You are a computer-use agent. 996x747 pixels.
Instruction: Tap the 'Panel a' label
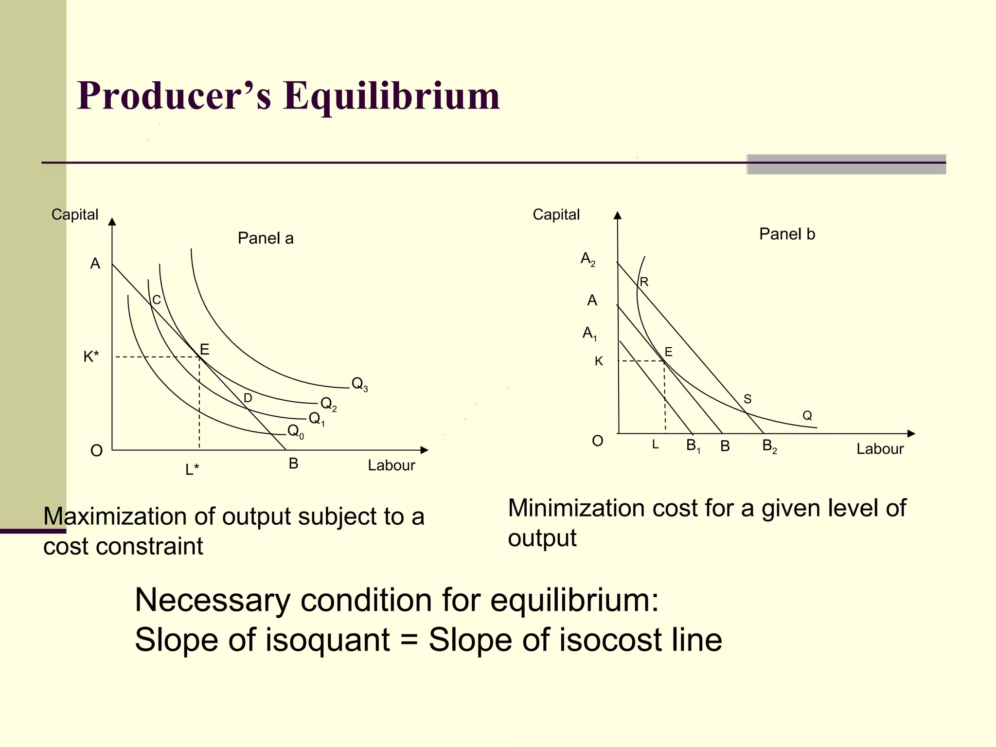pos(266,238)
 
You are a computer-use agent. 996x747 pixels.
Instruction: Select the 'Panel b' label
pos(787,234)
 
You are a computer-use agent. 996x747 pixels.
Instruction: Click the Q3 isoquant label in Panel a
pos(359,384)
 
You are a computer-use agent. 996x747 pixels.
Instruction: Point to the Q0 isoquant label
pos(295,431)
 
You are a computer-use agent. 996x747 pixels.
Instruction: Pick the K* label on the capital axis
pos(91,356)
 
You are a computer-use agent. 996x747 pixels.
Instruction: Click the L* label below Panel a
pos(192,469)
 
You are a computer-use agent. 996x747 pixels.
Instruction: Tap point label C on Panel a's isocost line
pos(156,300)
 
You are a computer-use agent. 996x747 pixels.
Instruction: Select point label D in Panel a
pos(248,398)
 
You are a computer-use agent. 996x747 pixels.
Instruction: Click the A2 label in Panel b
pos(588,259)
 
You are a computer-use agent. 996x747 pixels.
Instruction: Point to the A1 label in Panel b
pos(589,334)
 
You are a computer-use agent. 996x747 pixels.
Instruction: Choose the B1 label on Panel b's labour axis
pos(693,446)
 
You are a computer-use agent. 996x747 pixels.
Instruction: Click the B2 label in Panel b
pos(769,446)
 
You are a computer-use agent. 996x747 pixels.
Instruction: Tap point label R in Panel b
pos(644,282)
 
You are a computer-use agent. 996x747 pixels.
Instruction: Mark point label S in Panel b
pos(747,399)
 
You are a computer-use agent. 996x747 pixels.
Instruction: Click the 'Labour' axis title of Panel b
pos(880,449)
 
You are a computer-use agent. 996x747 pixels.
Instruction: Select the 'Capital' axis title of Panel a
pos(75,214)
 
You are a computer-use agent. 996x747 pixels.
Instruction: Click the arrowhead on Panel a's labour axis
pos(424,450)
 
